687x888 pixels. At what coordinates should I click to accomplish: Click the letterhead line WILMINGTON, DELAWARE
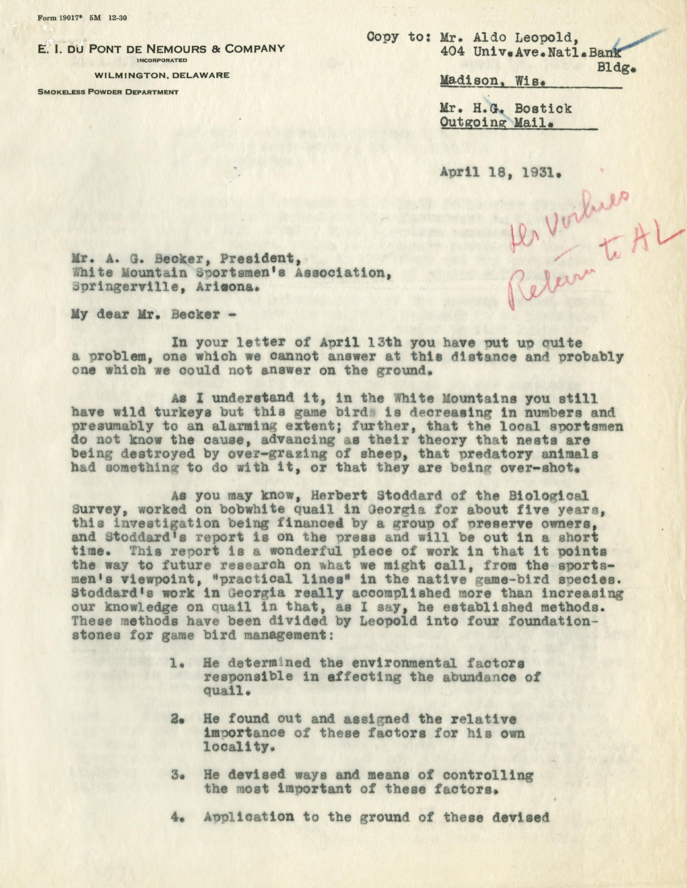(x=162, y=75)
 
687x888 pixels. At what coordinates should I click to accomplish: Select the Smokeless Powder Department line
(x=108, y=92)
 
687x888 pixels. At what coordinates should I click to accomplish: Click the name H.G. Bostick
(x=506, y=109)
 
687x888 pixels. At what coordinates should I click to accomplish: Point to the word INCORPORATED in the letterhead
(x=162, y=61)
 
